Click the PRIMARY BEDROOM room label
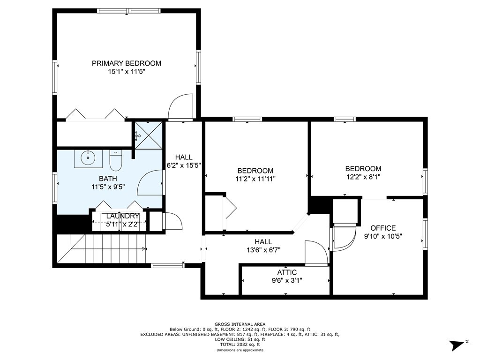click(127, 63)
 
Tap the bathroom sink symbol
click(88, 158)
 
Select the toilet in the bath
click(116, 160)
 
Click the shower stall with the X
click(149, 135)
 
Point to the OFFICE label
click(383, 228)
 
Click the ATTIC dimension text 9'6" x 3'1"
click(287, 280)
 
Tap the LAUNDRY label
click(122, 216)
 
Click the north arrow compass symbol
click(458, 345)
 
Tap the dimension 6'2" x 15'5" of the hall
click(184, 165)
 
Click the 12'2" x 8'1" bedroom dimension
click(363, 177)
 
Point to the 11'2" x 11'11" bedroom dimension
click(255, 179)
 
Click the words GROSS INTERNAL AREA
click(240, 324)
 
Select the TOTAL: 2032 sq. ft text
click(240, 345)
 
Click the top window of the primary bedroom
click(129, 11)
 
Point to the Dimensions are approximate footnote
click(240, 350)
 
